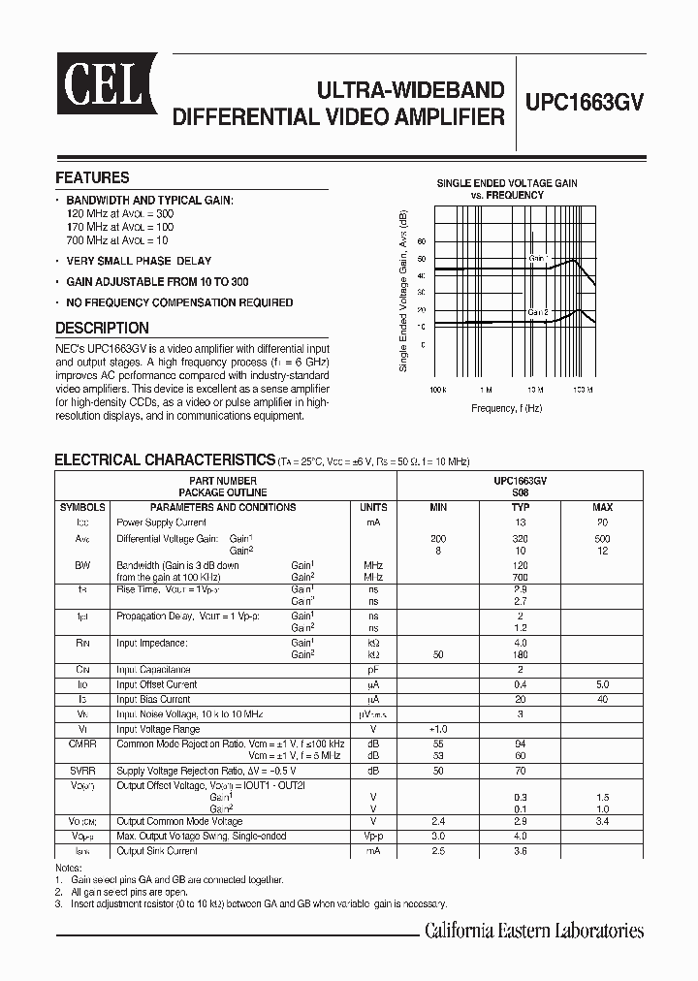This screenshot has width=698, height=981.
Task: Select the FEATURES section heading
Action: click(x=92, y=178)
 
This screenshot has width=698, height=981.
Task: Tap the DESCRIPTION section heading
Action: click(x=102, y=328)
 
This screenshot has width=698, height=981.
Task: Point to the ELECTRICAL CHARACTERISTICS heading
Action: click(x=165, y=459)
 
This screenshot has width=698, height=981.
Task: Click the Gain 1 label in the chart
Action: click(x=539, y=259)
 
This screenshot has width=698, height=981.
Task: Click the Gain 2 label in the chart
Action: click(x=538, y=312)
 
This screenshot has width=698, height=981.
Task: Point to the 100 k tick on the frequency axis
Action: click(x=436, y=388)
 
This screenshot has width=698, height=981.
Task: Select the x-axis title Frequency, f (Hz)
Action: click(x=507, y=408)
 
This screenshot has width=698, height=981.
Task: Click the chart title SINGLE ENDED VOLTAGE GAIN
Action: click(x=507, y=183)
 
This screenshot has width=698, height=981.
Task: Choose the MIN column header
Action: click(x=438, y=507)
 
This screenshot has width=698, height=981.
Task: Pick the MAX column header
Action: click(x=602, y=507)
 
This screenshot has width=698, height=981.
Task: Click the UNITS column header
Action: click(x=373, y=507)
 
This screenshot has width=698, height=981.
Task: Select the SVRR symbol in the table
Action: click(x=81, y=771)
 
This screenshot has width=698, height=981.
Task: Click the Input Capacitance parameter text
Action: click(x=153, y=670)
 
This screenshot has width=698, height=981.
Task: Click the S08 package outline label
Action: click(x=521, y=492)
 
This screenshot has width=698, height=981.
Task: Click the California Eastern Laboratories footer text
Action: click(x=534, y=932)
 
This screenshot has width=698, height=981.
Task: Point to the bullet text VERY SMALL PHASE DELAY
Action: click(x=139, y=261)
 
